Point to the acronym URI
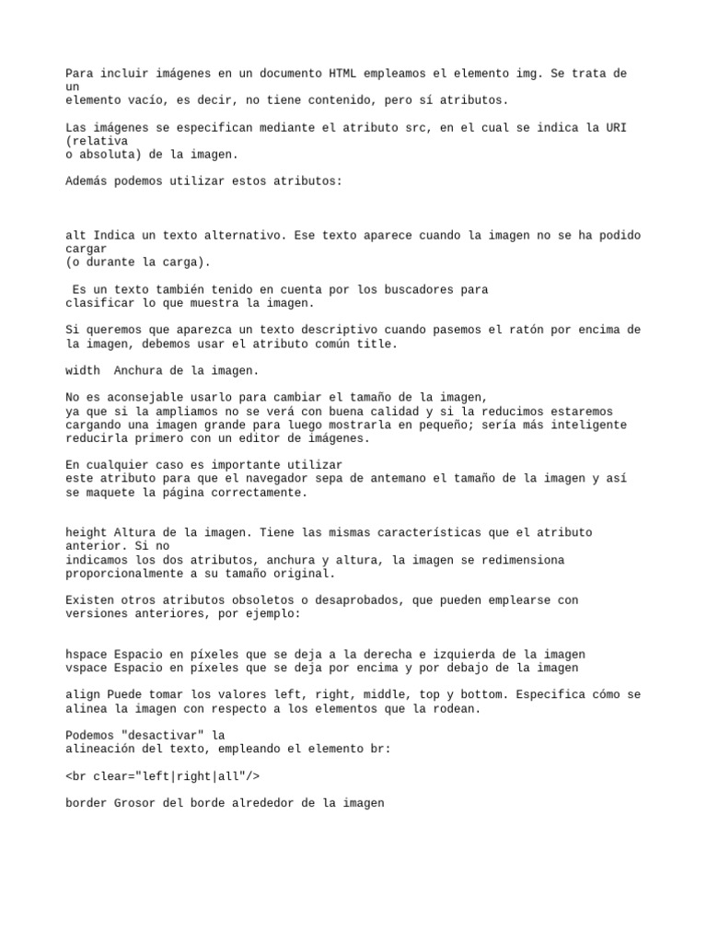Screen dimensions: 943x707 pyautogui.click(x=615, y=128)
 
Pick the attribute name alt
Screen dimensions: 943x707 pyautogui.click(x=76, y=236)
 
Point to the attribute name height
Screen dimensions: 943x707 pyautogui.click(x=87, y=533)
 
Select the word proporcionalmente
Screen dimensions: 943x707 pyautogui.click(x=125, y=573)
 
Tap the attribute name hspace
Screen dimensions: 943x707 pyautogui.click(x=87, y=654)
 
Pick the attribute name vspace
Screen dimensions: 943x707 pyautogui.click(x=87, y=668)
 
